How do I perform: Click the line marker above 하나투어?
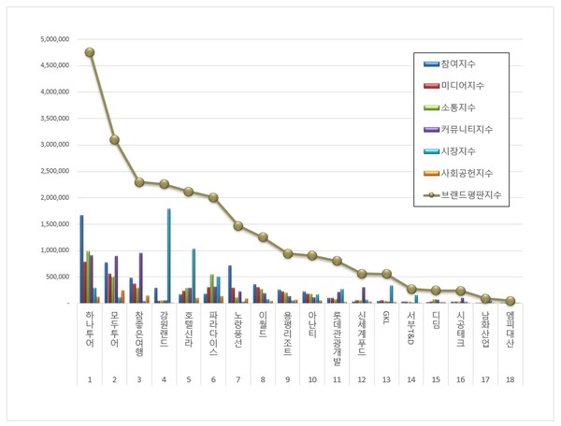[89, 52]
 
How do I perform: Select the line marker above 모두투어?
[114, 139]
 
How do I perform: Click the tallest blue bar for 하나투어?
[81, 259]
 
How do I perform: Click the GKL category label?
[387, 320]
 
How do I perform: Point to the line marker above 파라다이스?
[213, 197]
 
